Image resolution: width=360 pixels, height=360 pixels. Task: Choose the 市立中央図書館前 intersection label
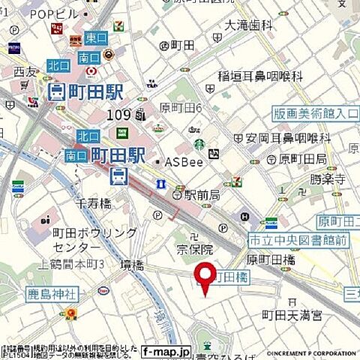point(298,240)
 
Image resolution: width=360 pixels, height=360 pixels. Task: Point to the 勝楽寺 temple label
point(328,180)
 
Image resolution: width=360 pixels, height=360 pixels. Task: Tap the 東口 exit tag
point(96,37)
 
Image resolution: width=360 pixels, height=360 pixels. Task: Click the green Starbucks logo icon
point(199,145)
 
